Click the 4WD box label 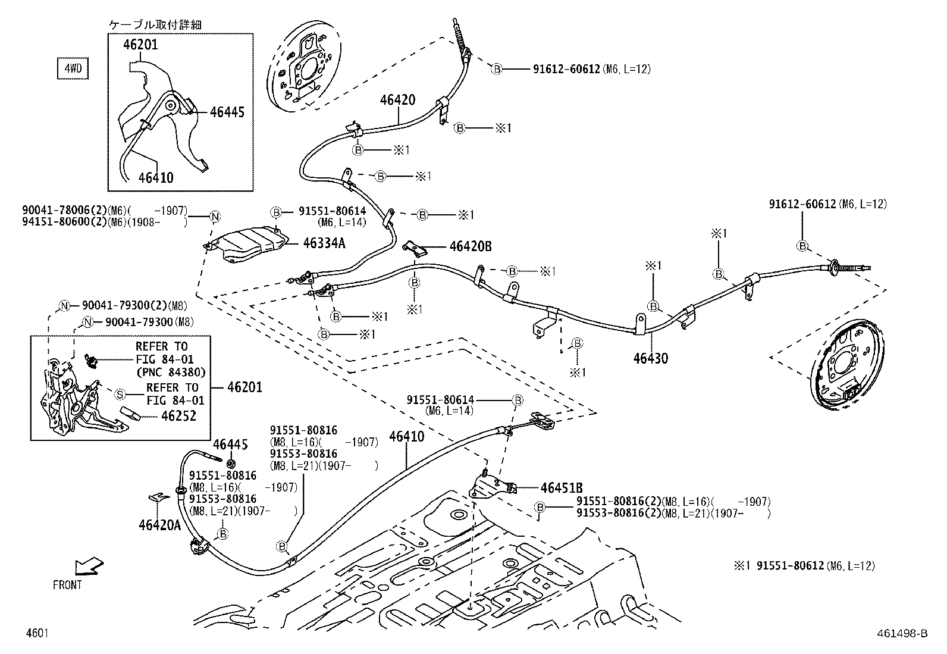point(72,68)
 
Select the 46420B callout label point(471,246)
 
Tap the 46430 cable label point(650,358)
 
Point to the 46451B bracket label point(562,488)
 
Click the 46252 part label point(178,416)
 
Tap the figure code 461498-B point(901,633)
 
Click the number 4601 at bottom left point(36,633)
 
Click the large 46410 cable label point(407,437)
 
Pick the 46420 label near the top point(397,100)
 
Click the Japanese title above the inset point(155,24)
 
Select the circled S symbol point(120,394)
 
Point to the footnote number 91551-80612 point(790,565)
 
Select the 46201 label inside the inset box point(141,45)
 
